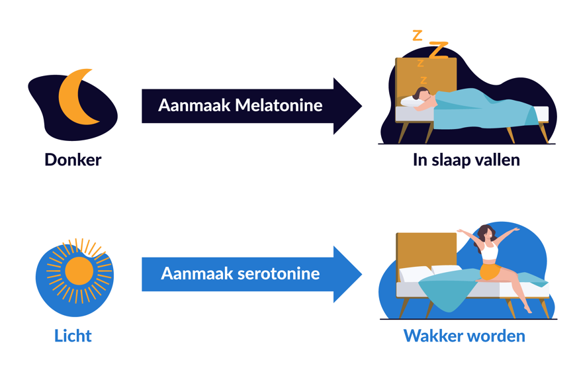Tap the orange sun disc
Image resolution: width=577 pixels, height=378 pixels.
[x=79, y=271]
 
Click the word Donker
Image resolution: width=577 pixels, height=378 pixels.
[x=73, y=160]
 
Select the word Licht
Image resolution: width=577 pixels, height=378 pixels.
[x=73, y=336]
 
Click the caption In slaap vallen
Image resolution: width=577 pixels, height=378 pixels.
[x=466, y=160]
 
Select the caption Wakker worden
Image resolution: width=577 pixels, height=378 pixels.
[x=464, y=336]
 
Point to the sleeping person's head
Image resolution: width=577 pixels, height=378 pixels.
[x=421, y=94]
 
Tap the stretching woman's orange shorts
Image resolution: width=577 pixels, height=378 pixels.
[x=490, y=272]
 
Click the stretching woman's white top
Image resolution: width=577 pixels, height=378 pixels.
[x=489, y=252]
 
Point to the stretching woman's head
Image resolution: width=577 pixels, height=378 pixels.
[x=486, y=232]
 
